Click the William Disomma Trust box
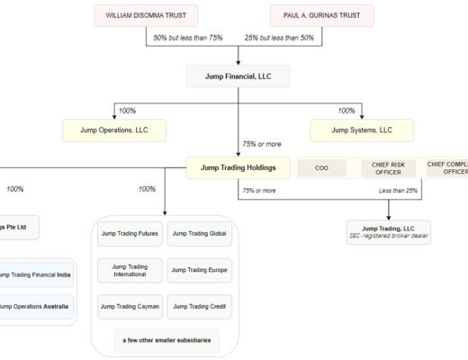(146, 15)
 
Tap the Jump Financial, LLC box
(238, 76)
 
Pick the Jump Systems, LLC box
(362, 130)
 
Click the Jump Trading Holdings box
(238, 166)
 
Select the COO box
(321, 167)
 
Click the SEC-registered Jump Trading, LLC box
(388, 231)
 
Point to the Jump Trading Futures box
(129, 234)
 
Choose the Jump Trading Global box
(200, 234)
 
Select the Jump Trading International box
(129, 270)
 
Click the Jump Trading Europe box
(200, 270)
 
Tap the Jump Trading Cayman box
(129, 306)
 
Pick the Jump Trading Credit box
(200, 306)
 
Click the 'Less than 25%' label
(398, 190)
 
